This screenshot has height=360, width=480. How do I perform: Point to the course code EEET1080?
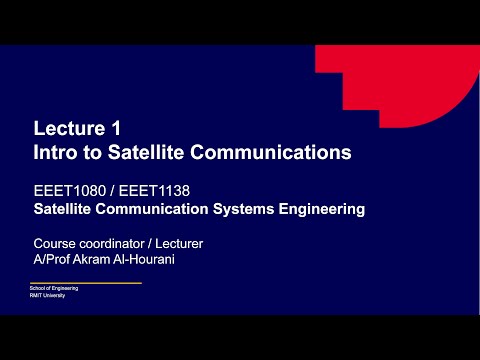pos(66,191)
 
